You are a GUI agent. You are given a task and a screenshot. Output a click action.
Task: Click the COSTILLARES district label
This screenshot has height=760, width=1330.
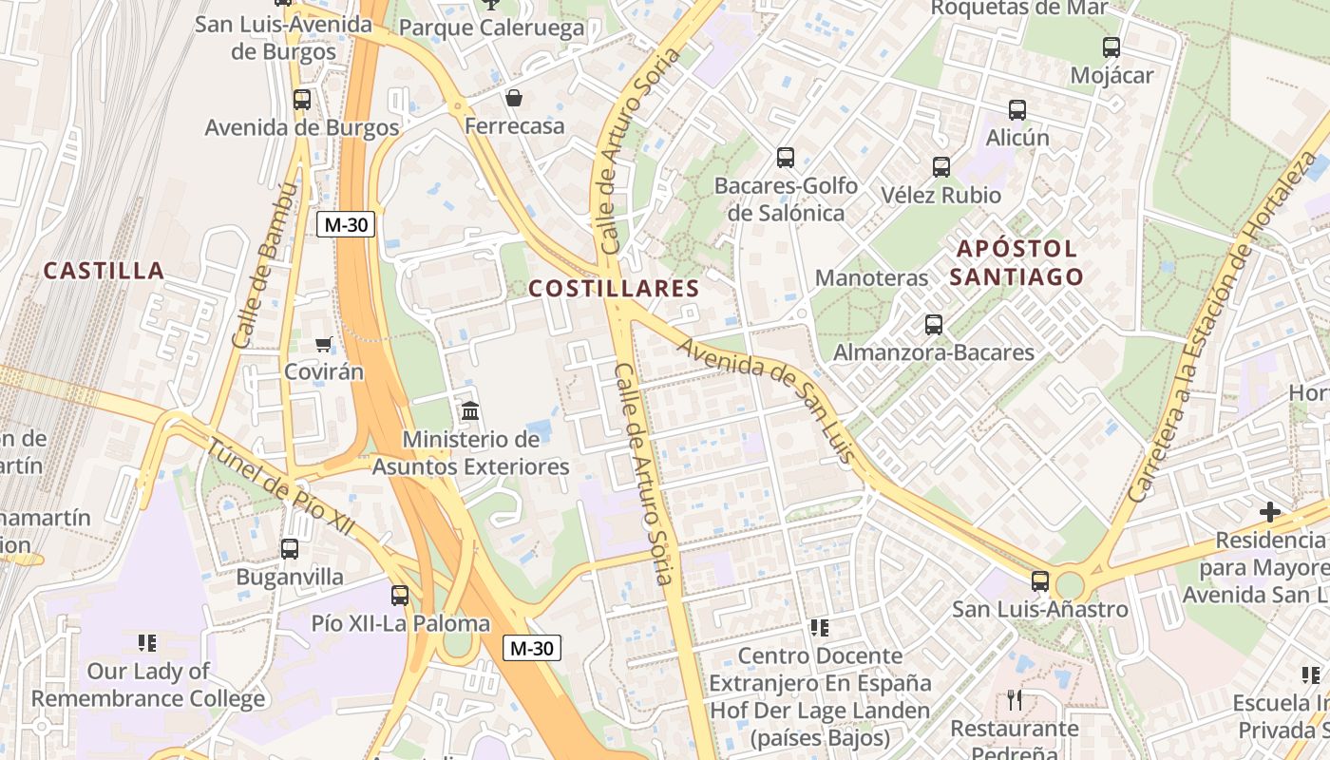[614, 289]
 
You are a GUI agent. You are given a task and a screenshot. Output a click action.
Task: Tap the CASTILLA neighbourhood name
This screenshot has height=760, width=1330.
[104, 271]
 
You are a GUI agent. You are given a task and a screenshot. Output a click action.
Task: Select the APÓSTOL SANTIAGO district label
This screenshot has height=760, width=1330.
[1018, 263]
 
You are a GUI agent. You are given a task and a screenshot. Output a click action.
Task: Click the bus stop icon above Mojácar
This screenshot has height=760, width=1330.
[1111, 47]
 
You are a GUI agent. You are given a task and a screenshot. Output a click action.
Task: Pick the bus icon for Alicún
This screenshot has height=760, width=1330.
[1017, 110]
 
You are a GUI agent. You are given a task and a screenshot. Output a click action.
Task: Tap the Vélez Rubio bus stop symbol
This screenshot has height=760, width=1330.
[941, 167]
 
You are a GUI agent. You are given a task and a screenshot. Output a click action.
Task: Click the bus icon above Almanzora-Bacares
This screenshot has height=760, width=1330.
[934, 325]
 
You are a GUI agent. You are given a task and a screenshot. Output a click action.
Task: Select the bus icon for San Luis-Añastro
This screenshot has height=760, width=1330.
[1040, 581]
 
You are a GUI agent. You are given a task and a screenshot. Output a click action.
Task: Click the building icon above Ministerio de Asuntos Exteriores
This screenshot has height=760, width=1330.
[470, 411]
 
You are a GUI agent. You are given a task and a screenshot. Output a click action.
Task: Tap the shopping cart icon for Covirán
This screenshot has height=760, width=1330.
[324, 344]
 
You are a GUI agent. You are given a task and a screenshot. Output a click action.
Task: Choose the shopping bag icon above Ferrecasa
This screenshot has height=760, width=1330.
[514, 98]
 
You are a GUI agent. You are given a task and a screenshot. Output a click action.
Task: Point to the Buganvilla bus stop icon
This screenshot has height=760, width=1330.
[290, 548]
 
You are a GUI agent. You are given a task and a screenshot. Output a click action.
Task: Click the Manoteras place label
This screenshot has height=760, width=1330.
[871, 278]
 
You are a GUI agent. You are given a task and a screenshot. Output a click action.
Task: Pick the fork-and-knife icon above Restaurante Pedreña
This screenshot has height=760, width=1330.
[1015, 700]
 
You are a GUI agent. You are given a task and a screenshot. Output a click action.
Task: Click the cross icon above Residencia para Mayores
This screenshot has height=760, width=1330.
[1270, 512]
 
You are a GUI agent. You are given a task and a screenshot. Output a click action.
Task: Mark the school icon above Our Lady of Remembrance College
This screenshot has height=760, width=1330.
[147, 643]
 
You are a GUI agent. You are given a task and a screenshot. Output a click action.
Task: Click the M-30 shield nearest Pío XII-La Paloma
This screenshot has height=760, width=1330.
[532, 649]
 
